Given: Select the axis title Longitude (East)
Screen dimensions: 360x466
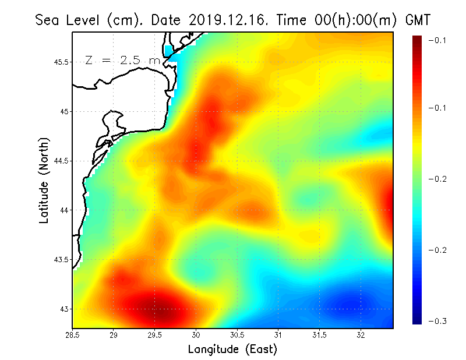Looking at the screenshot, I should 232,350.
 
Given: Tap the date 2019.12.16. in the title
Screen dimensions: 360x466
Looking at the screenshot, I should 226,20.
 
